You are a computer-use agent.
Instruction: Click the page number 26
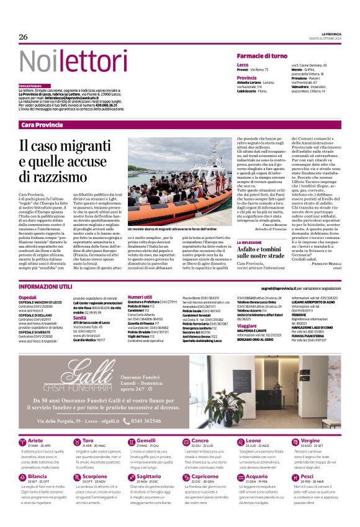(24, 37)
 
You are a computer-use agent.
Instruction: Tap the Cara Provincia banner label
(42, 125)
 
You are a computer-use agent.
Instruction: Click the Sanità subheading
(79, 317)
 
